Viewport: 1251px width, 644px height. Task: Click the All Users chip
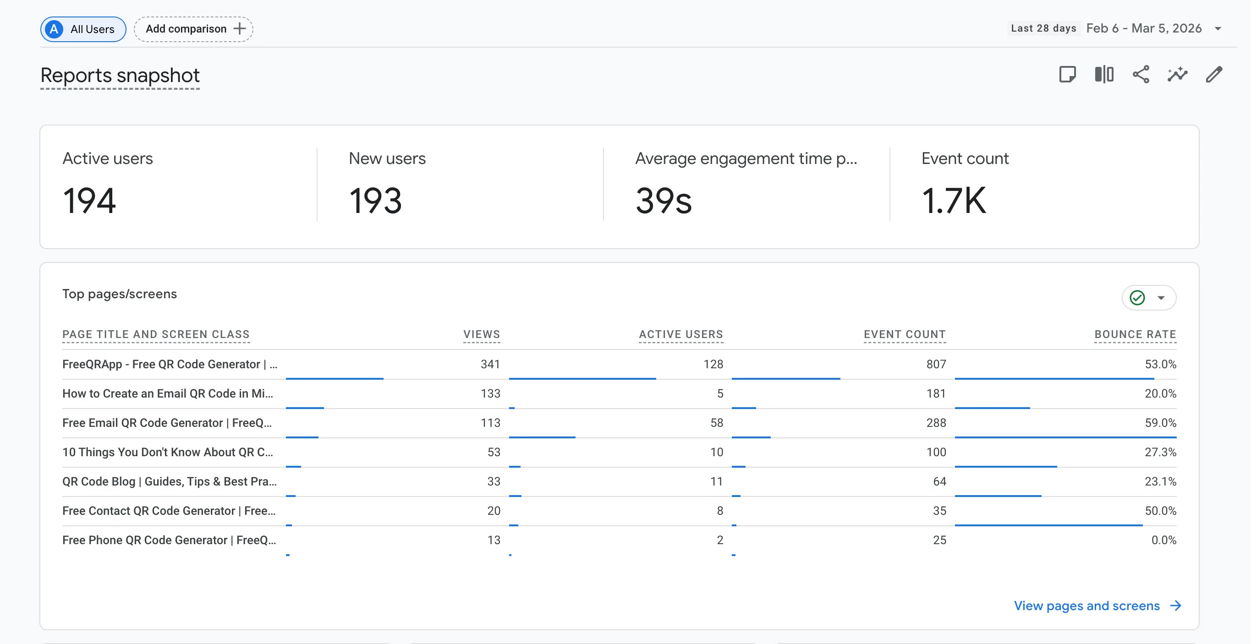pyautogui.click(x=83, y=29)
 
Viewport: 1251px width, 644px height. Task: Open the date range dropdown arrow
pyautogui.click(x=1218, y=29)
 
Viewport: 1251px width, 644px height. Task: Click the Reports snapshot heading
pyautogui.click(x=120, y=76)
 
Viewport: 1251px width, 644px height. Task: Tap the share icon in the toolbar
pyautogui.click(x=1141, y=75)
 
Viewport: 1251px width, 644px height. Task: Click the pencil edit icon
pyautogui.click(x=1213, y=75)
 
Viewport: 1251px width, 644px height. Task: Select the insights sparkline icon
pyautogui.click(x=1177, y=75)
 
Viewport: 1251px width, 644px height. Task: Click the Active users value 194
pyautogui.click(x=89, y=201)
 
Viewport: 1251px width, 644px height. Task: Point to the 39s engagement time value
pyautogui.click(x=664, y=201)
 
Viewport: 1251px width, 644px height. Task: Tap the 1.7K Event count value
pyautogui.click(x=953, y=201)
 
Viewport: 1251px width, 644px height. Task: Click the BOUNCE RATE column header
pyautogui.click(x=1135, y=334)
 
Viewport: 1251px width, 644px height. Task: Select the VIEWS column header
pyautogui.click(x=481, y=334)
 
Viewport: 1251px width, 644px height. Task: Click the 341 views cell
pyautogui.click(x=490, y=364)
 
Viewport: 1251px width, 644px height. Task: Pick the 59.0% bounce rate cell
pyautogui.click(x=1160, y=423)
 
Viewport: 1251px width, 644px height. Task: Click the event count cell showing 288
pyautogui.click(x=936, y=423)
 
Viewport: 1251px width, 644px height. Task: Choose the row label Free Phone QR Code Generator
pyautogui.click(x=169, y=540)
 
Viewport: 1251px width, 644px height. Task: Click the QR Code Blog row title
pyautogui.click(x=169, y=481)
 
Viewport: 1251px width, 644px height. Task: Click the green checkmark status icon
pyautogui.click(x=1137, y=297)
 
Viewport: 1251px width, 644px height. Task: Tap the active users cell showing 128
pyautogui.click(x=713, y=364)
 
